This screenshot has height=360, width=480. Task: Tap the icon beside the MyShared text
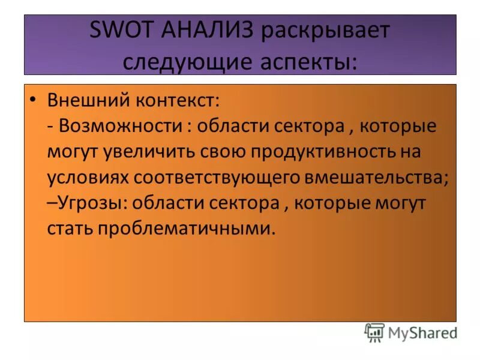click(x=374, y=332)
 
